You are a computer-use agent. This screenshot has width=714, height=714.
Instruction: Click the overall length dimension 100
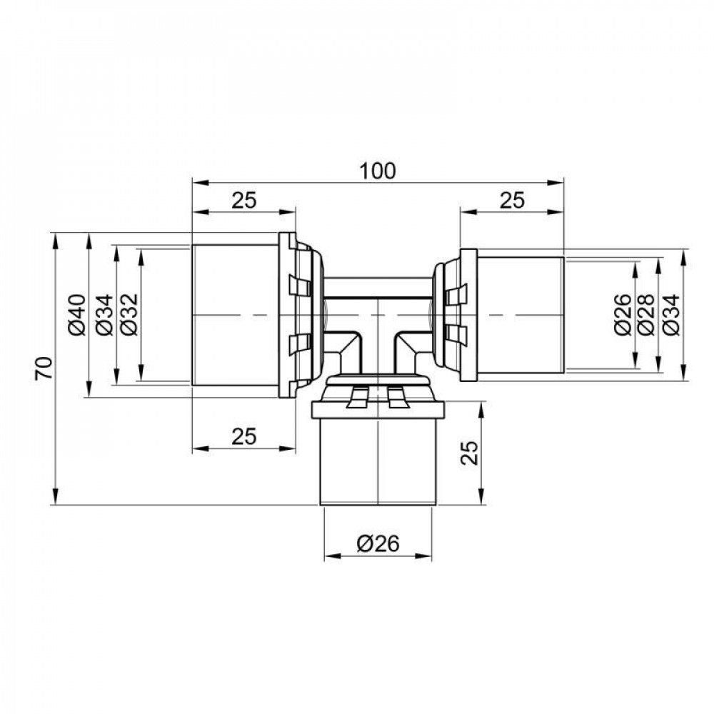click(378, 171)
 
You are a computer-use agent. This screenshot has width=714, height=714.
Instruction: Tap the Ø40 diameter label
click(78, 314)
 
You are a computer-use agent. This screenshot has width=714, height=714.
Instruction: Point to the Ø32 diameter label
click(129, 314)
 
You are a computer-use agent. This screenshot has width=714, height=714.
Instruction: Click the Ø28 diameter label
click(645, 314)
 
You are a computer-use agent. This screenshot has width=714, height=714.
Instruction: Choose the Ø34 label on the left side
click(104, 314)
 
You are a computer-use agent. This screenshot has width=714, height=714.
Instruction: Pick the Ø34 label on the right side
click(671, 314)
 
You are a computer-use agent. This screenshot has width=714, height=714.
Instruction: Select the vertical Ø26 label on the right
click(621, 314)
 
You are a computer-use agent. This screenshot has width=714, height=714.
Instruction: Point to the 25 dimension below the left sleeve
click(243, 436)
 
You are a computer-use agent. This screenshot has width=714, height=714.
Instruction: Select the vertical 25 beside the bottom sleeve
click(468, 453)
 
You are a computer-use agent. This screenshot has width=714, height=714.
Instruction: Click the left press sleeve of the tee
click(235, 315)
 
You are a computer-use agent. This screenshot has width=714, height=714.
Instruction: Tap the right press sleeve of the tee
click(520, 315)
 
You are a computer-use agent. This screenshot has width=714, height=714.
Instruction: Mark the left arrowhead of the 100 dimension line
click(198, 183)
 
